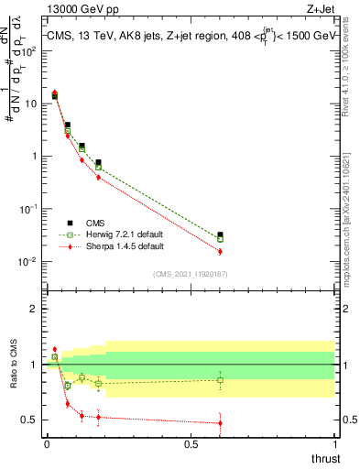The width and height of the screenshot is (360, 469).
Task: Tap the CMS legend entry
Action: tap(95, 223)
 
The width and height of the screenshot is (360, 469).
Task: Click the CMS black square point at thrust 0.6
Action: tap(220, 235)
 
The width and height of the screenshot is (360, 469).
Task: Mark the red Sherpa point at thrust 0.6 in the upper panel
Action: tap(220, 251)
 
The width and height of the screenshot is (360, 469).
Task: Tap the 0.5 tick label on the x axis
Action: tap(191, 443)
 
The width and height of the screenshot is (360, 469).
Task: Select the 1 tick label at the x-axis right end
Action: tap(334, 443)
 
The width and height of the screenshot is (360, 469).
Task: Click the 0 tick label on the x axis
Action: tap(47, 443)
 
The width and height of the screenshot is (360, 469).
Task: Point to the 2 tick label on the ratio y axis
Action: tap(34, 309)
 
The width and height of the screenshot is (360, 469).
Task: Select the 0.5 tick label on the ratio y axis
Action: tap(29, 420)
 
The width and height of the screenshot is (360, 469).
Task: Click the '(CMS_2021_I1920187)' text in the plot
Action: tap(191, 274)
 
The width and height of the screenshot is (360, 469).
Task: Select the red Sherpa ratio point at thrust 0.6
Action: tap(220, 422)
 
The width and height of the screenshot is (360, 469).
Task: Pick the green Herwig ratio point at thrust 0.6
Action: tap(220, 380)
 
